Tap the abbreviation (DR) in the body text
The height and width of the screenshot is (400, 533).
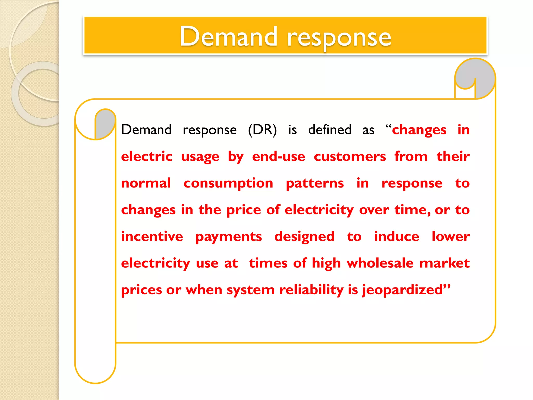[x=262, y=130]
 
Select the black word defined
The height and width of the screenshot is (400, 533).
[x=330, y=130]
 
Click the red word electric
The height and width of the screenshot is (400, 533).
[x=147, y=157]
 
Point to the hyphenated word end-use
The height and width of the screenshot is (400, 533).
[x=278, y=157]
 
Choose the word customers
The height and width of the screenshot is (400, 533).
[x=350, y=157]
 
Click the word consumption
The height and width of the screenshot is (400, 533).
[x=228, y=184]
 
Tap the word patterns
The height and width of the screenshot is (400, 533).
[x=315, y=184]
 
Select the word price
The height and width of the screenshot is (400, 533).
[x=244, y=210]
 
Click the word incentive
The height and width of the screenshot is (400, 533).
[x=152, y=236]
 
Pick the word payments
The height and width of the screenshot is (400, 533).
[x=229, y=237]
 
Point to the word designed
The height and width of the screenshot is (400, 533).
[x=304, y=237]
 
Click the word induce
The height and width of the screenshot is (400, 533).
[x=396, y=236]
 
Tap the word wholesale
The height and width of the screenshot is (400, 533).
[x=380, y=263]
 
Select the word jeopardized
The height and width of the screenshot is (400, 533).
[x=402, y=290]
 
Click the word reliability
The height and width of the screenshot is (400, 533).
[x=311, y=290]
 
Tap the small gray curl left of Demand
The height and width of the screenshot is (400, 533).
[x=105, y=122]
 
